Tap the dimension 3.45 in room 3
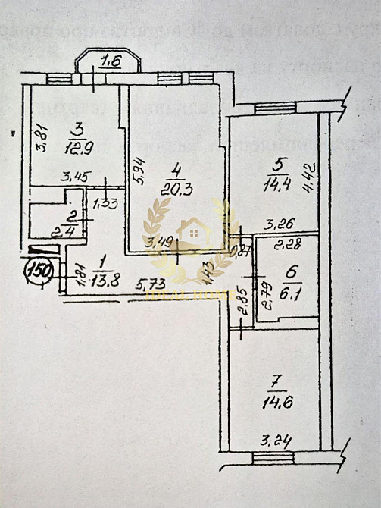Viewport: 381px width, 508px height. pos(75,178)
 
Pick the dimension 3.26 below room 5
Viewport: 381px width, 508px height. pos(279,225)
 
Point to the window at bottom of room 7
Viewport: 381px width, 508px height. pos(273,456)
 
